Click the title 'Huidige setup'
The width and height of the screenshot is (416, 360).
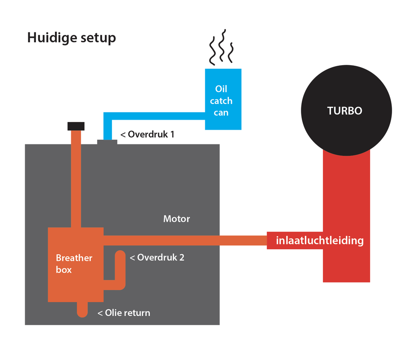(x=72, y=37)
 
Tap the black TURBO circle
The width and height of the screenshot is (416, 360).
(x=344, y=111)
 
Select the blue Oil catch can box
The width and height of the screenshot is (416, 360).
(x=223, y=99)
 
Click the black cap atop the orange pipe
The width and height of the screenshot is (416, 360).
(x=76, y=126)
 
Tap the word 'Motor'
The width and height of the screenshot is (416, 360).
(x=176, y=219)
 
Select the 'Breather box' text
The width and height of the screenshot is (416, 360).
(x=74, y=264)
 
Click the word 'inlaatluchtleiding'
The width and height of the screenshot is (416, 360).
(x=319, y=240)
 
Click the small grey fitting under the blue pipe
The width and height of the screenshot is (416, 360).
(x=107, y=142)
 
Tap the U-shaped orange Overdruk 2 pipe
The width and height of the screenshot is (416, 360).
(x=120, y=270)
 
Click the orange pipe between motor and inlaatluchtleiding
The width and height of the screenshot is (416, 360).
(x=243, y=240)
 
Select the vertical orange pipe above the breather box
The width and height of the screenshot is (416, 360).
(x=76, y=180)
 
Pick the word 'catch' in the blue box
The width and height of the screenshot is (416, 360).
(x=221, y=101)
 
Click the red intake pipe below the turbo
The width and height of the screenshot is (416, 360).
(x=346, y=202)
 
